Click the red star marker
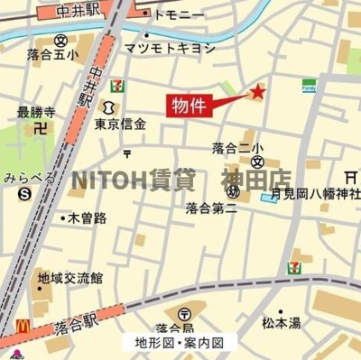pyautogui.click(x=257, y=91)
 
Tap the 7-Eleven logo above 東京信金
pyautogui.click(x=117, y=86)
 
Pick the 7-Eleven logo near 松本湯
pyautogui.click(x=294, y=268)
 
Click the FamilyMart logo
pyautogui.click(x=309, y=86)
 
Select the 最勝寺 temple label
pyautogui.click(x=36, y=113)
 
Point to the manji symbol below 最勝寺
pyautogui.click(x=39, y=128)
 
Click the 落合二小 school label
pyautogui.click(x=238, y=148)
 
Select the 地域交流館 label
pyautogui.click(x=69, y=279)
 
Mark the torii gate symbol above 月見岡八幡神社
pyautogui.click(x=350, y=177)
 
